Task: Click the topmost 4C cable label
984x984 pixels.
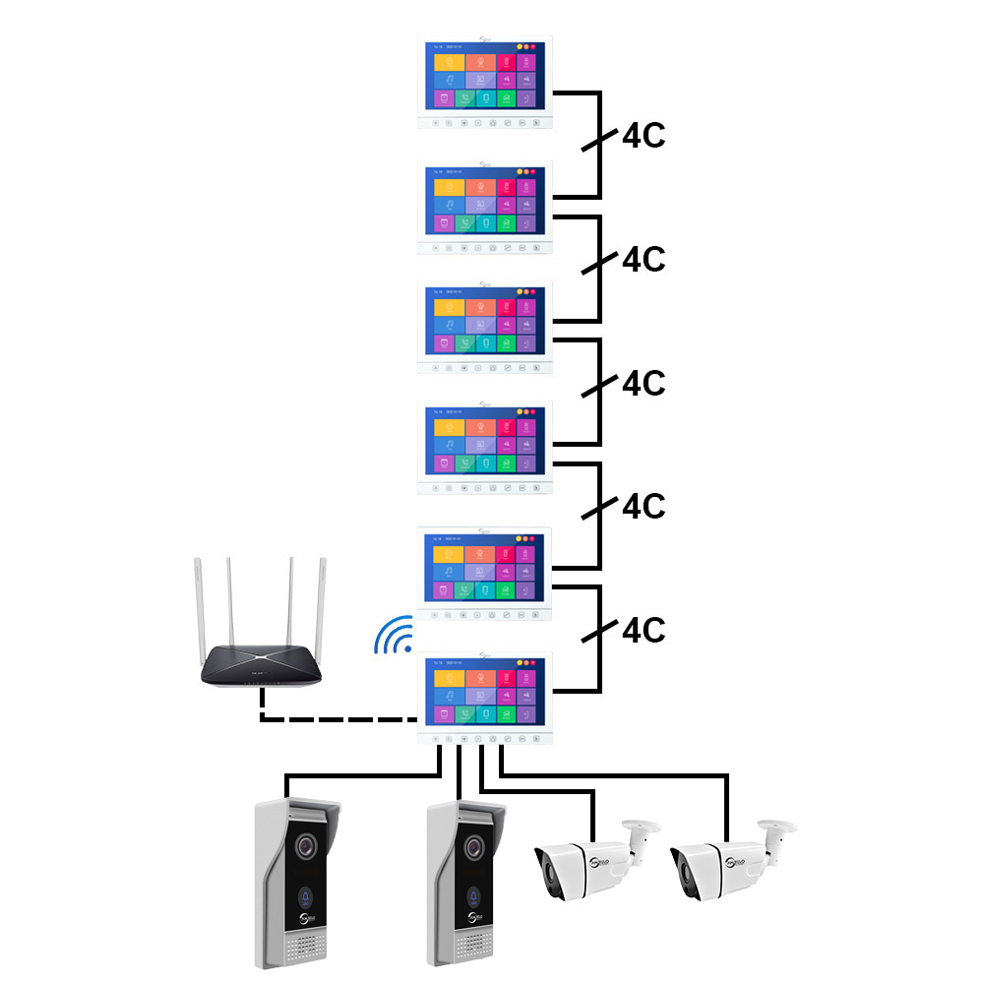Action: click(x=644, y=136)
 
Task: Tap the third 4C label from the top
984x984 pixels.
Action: click(x=644, y=382)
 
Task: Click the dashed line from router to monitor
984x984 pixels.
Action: click(x=335, y=718)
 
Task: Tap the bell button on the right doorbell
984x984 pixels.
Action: click(x=476, y=896)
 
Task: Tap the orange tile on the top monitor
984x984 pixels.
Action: click(x=449, y=58)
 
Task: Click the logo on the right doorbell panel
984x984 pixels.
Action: click(x=477, y=920)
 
